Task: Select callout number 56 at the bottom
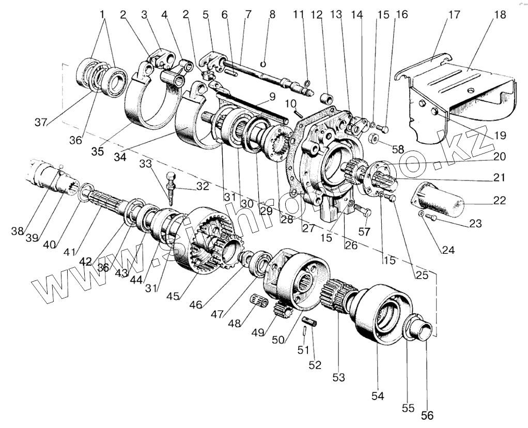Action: pyautogui.click(x=427, y=415)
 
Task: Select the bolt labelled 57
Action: pyautogui.click(x=361, y=212)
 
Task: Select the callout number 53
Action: pyautogui.click(x=338, y=378)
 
